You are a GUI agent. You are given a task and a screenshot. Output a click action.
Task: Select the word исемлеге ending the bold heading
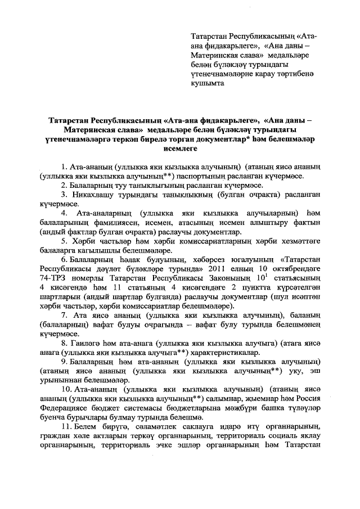tap(180, 149)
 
